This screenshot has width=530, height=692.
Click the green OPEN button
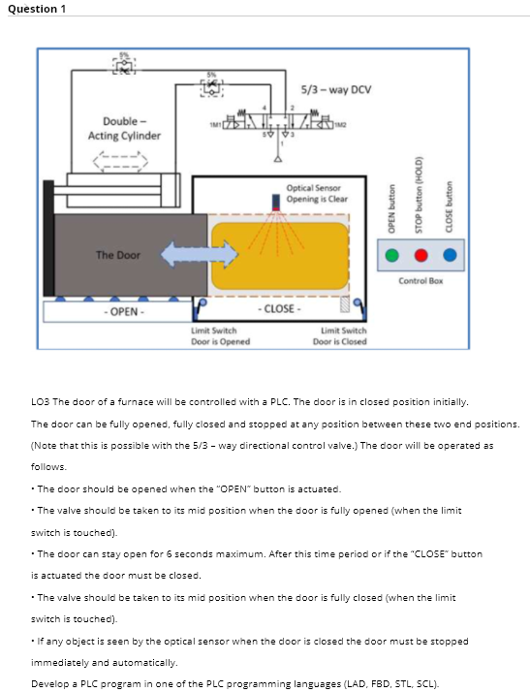click(x=390, y=256)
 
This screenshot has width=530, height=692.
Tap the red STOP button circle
click(x=421, y=256)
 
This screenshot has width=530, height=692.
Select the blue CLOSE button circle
click(x=451, y=256)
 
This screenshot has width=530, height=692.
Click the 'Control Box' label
click(x=420, y=280)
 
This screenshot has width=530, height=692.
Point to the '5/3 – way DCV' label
click(x=336, y=90)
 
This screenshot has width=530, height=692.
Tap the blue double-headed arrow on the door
click(x=200, y=254)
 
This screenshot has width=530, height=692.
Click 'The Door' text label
click(x=117, y=255)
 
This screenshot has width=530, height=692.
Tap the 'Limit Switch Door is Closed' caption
click(x=343, y=336)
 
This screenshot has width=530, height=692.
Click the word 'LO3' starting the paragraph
click(x=41, y=401)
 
